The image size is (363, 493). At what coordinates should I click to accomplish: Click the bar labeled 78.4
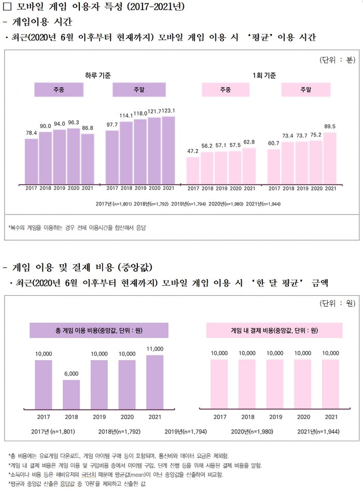point(31,161)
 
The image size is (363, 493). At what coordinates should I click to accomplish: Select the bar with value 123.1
point(169,150)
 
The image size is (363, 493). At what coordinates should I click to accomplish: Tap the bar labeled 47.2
point(193,170)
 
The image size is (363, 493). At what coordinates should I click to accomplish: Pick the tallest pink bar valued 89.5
point(330,158)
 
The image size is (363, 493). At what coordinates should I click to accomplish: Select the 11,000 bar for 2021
point(155,381)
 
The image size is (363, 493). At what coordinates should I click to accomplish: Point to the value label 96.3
point(74,123)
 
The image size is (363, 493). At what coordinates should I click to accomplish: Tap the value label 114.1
point(127,115)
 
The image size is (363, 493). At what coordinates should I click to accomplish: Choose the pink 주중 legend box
point(225,90)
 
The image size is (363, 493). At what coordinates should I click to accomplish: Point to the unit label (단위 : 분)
point(337,60)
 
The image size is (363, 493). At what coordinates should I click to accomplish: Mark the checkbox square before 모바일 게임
point(7,7)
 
